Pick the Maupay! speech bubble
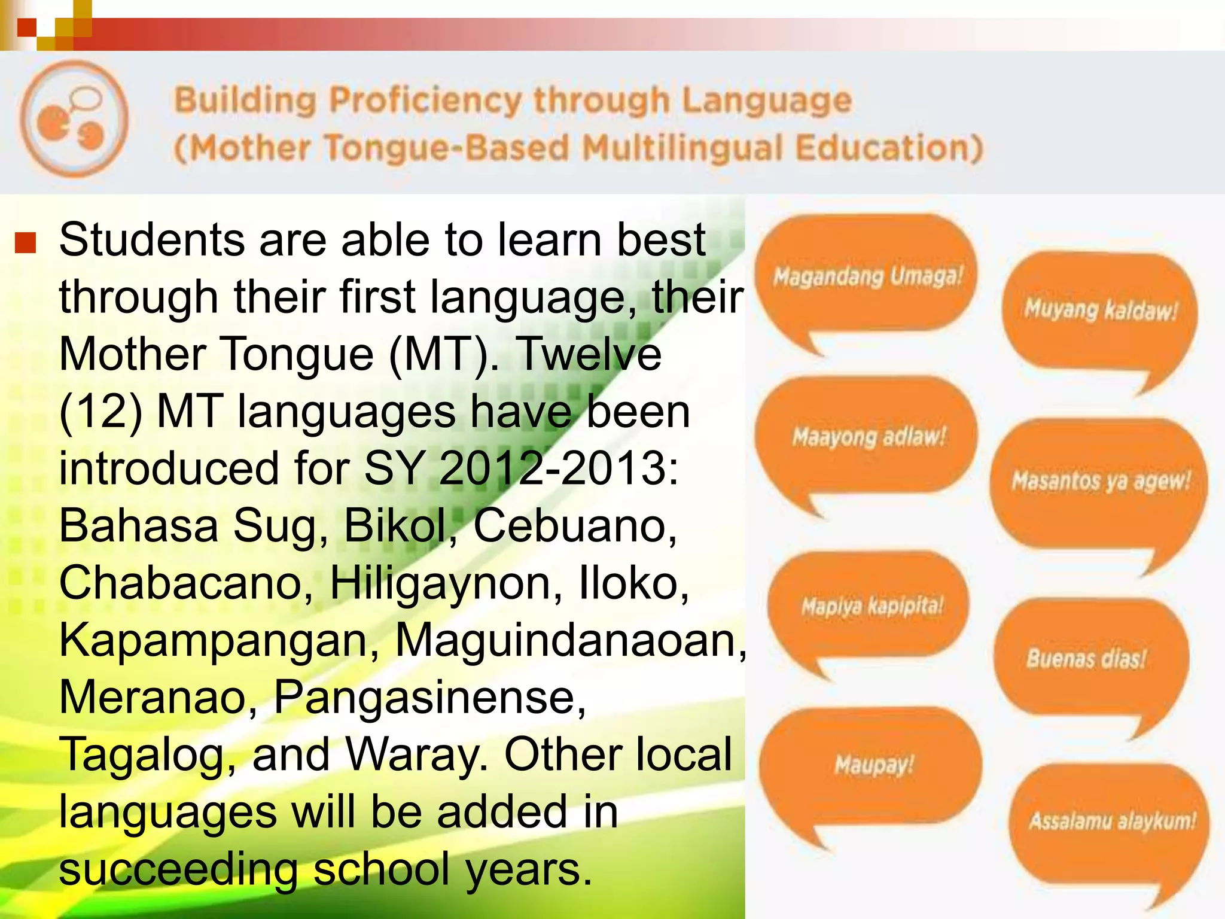[x=873, y=765]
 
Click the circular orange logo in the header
[x=74, y=119]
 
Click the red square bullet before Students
[x=26, y=242]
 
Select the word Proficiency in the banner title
[x=425, y=100]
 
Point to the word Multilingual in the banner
[x=682, y=148]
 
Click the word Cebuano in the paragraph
[x=575, y=526]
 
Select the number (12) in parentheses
[x=100, y=412]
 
